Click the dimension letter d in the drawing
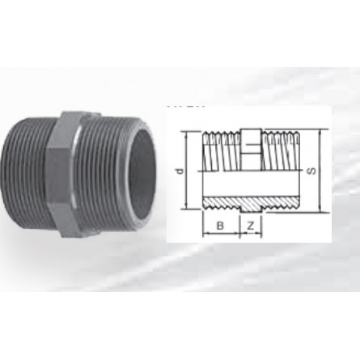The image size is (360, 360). (179, 172)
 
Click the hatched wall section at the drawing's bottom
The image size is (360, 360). (251, 201)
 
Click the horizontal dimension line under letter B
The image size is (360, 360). (221, 232)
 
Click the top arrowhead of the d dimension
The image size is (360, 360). (187, 133)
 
